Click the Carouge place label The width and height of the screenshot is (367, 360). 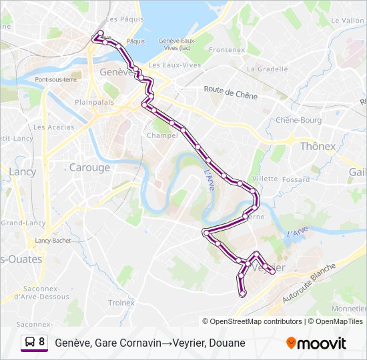tap(89, 167)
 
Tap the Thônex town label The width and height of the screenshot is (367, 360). tap(318, 146)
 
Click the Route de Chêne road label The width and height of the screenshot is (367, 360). tap(230, 95)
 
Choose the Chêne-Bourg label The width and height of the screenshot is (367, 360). tap(298, 121)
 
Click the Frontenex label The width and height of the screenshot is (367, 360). tap(228, 50)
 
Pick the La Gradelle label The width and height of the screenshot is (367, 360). tap(267, 69)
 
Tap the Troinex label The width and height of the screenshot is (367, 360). tap(121, 303)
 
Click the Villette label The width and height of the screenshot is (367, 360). tap(265, 179)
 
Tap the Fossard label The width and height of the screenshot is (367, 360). tap(295, 179)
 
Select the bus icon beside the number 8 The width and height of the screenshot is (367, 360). tap(29, 342)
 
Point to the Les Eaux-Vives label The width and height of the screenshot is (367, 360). tap(175, 65)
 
